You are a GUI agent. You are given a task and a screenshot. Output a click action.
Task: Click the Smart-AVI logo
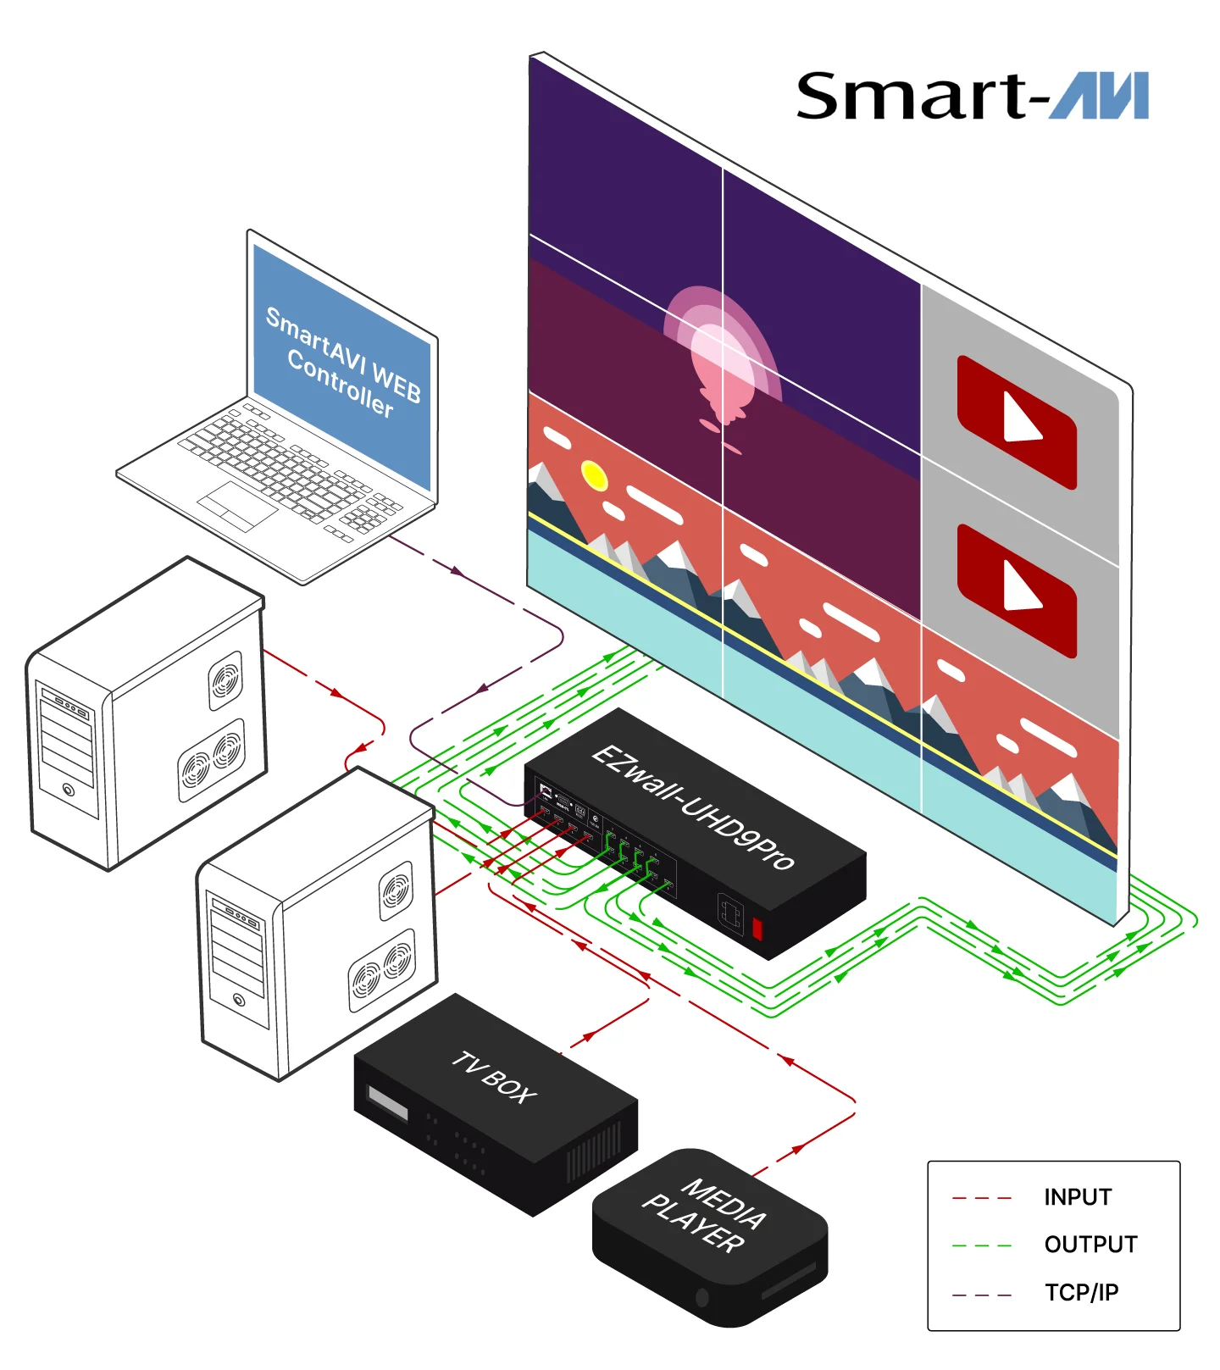click(x=972, y=96)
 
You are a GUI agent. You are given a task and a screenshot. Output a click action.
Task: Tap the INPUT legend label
click(x=1078, y=1197)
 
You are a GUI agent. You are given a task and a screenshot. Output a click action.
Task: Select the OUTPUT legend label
click(x=1090, y=1245)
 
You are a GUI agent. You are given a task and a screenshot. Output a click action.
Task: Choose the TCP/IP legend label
click(x=1082, y=1292)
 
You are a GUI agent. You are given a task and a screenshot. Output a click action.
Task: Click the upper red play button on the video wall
click(x=1017, y=422)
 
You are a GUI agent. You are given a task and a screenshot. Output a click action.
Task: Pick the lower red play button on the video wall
click(x=1017, y=591)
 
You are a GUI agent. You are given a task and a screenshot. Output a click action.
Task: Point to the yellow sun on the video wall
click(x=595, y=475)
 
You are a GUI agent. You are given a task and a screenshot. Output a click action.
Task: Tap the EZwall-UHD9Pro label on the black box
click(x=693, y=806)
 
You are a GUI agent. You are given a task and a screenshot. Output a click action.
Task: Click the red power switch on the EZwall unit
click(x=757, y=929)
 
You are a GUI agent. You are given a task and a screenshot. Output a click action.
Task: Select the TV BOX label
click(x=494, y=1077)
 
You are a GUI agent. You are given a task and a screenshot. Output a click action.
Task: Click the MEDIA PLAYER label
click(x=705, y=1217)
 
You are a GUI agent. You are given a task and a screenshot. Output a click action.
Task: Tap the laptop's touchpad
click(x=238, y=506)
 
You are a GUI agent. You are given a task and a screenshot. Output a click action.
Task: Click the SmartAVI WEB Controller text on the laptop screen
click(x=343, y=363)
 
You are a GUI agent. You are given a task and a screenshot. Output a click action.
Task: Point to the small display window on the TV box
click(x=388, y=1103)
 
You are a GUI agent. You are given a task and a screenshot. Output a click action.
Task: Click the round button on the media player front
click(x=701, y=1296)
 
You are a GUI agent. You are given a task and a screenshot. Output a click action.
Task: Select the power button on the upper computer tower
click(x=69, y=790)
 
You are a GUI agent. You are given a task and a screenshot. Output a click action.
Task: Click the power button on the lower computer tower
click(x=239, y=1000)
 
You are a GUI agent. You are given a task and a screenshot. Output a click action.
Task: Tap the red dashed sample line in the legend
click(x=982, y=1198)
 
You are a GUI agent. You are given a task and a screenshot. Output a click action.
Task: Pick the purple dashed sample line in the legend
click(x=982, y=1295)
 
